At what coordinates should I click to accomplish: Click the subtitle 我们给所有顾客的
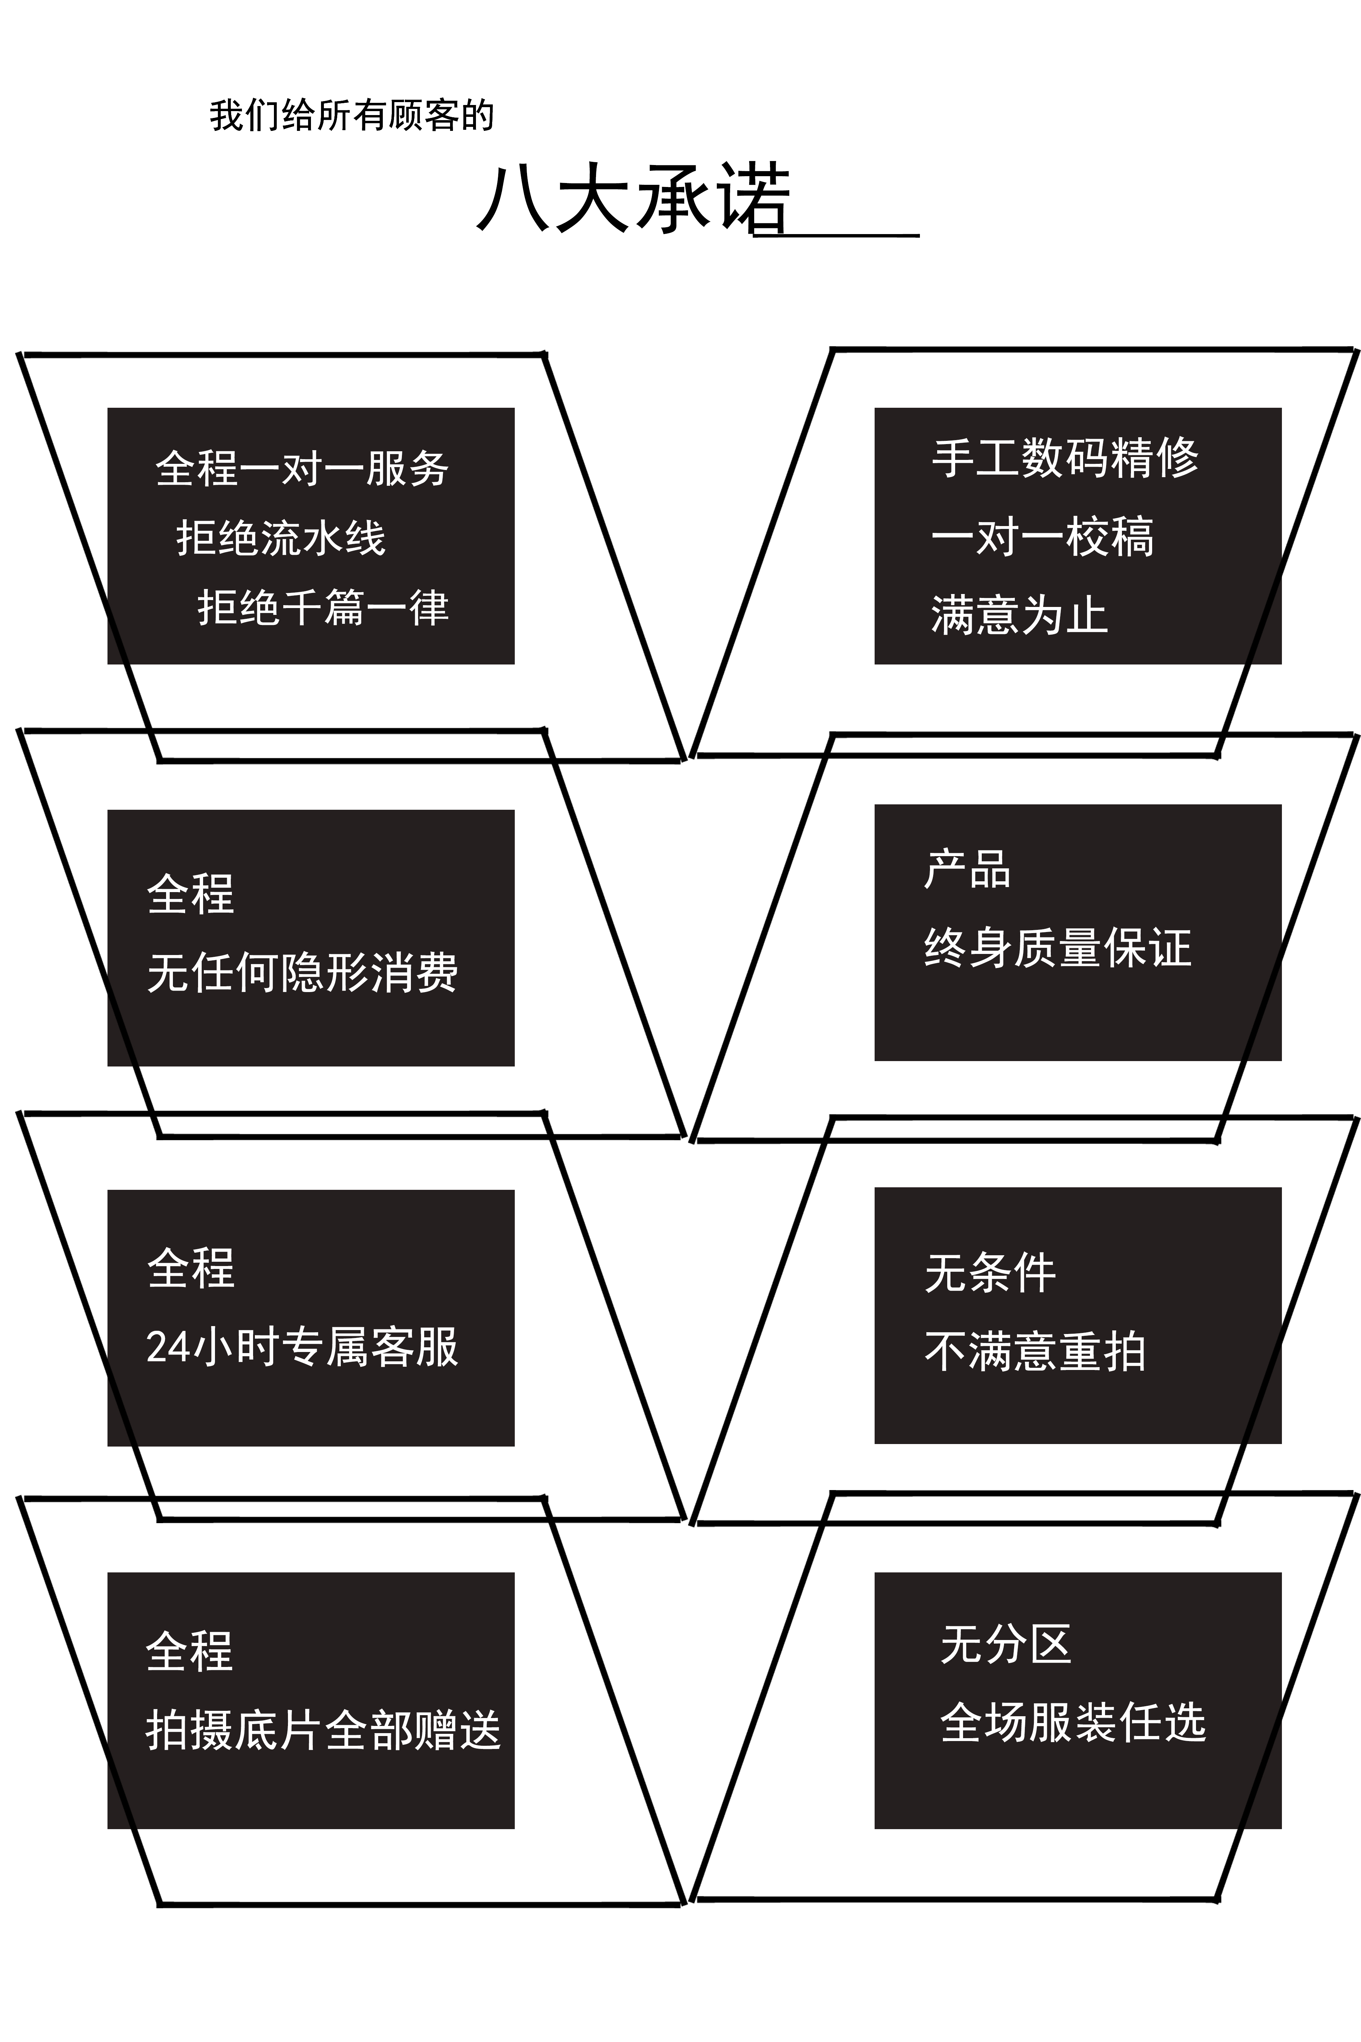(x=352, y=115)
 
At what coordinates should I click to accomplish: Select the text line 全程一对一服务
(x=302, y=469)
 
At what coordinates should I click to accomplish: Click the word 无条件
(x=990, y=1274)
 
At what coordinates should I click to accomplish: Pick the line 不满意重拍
(x=1035, y=1352)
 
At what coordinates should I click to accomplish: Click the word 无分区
(x=1005, y=1644)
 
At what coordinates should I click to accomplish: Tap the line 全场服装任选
(x=1073, y=1722)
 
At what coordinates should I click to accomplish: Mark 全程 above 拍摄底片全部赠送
(x=189, y=1651)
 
